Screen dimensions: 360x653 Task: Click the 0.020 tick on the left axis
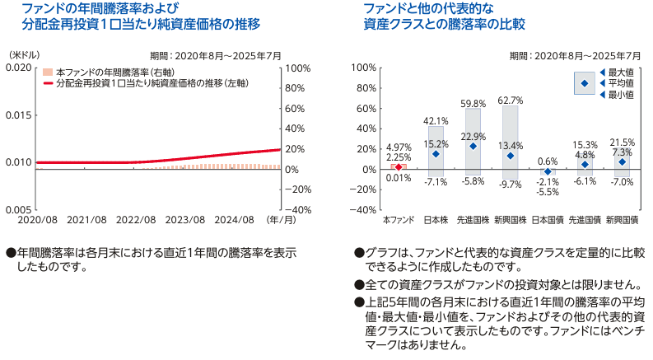18,68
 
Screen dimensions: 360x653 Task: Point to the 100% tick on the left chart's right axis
298,68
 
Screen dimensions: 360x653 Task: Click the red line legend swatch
49,84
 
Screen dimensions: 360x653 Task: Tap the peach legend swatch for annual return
49,73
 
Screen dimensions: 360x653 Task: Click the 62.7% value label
511,101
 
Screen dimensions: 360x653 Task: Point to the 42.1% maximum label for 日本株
436,121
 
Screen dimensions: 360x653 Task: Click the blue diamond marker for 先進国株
473,146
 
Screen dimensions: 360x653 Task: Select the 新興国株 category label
510,221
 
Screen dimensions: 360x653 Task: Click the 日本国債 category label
548,221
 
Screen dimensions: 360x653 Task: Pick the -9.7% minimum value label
511,185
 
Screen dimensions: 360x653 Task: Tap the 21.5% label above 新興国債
623,142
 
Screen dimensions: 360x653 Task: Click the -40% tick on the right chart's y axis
363,210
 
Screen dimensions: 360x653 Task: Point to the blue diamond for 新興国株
511,156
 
